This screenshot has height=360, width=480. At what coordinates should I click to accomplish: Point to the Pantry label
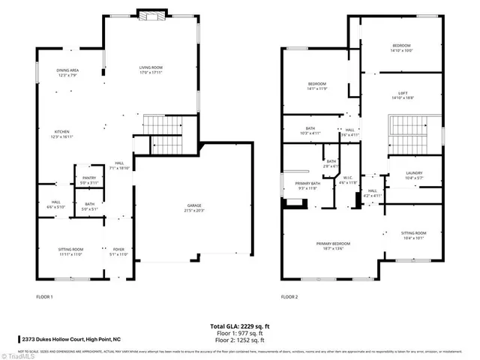(89, 179)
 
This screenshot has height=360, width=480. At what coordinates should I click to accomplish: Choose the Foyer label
(119, 251)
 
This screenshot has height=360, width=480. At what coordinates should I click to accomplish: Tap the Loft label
(402, 94)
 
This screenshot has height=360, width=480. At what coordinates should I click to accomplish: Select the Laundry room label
(404, 175)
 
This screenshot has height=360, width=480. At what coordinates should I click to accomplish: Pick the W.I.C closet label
(346, 180)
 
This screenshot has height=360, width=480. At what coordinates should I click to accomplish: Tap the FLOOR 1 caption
(45, 298)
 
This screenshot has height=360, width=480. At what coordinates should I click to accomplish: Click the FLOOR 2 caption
(289, 298)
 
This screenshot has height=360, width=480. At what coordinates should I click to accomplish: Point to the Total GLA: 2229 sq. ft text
(239, 326)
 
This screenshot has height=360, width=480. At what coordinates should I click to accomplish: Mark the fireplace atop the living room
(151, 16)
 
